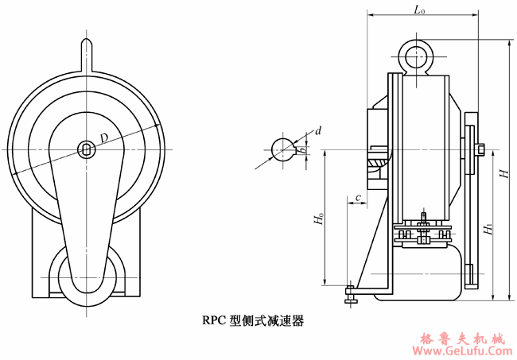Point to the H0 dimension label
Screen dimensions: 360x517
[x=318, y=218]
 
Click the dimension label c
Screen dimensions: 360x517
[x=360, y=196]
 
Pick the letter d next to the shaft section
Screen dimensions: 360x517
[x=318, y=130]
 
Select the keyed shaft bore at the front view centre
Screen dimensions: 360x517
[x=86, y=148]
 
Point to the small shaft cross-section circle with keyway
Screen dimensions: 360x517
[x=284, y=149]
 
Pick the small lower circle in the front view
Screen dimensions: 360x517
[x=86, y=277]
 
